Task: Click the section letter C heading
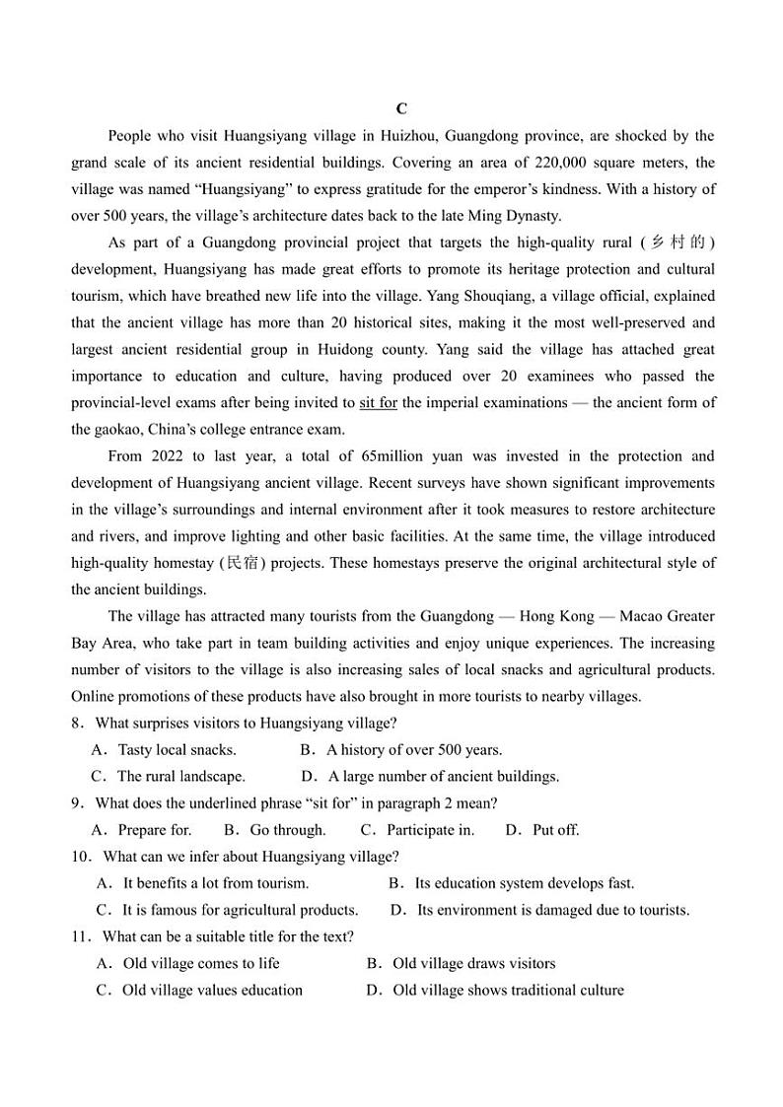tap(401, 109)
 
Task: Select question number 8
tap(76, 724)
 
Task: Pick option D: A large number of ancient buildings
tap(443, 777)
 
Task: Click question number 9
tap(76, 803)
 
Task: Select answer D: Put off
tap(554, 830)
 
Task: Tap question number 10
tap(81, 857)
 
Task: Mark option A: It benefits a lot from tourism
tap(214, 883)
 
